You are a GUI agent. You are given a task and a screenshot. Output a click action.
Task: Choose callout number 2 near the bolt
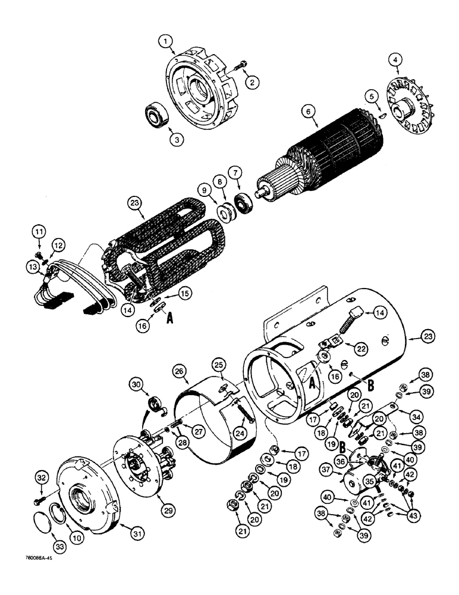pos(254,83)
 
